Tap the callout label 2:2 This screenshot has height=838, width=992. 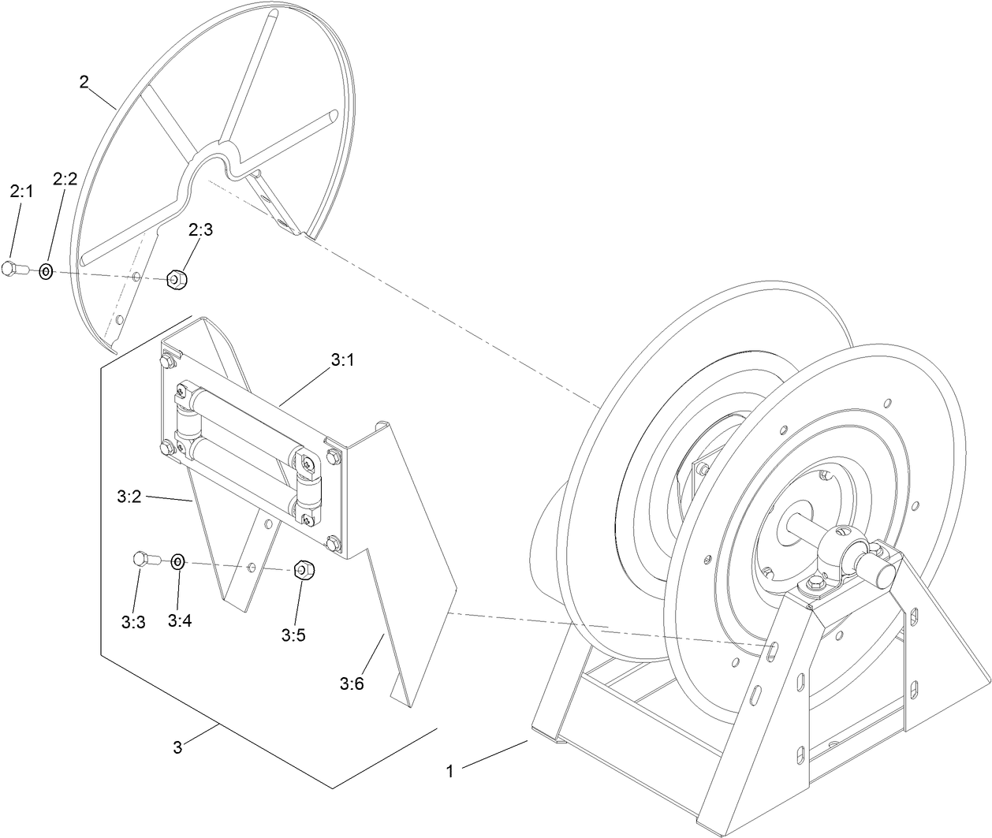click(65, 179)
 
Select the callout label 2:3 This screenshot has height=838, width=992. click(200, 229)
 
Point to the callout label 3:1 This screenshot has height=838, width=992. click(341, 359)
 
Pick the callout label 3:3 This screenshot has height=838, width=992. click(132, 621)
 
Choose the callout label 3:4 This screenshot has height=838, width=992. click(179, 620)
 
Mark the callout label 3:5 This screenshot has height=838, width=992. click(293, 635)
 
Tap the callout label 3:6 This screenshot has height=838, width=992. click(352, 683)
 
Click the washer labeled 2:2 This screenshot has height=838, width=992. click(47, 271)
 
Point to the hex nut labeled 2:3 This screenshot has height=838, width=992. click(176, 279)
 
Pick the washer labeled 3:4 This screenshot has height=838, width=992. click(178, 562)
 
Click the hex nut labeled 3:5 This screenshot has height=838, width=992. click(302, 569)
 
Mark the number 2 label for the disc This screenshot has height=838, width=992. click(84, 82)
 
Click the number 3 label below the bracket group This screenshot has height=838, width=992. click(177, 747)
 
